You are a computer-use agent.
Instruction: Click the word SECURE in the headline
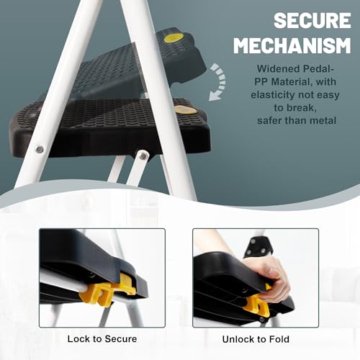coord(312,21)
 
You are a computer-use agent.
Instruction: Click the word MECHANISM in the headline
coord(292,45)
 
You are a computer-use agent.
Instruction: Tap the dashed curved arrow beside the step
coord(219,81)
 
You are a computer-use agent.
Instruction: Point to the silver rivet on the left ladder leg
coord(40,149)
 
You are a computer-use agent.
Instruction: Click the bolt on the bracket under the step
coord(143,156)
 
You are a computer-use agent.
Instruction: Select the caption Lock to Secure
coord(102,339)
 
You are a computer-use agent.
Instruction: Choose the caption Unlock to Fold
coord(256,339)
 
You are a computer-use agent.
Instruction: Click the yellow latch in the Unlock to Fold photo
coord(257,305)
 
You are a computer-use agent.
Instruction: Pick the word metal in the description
coord(323,120)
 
